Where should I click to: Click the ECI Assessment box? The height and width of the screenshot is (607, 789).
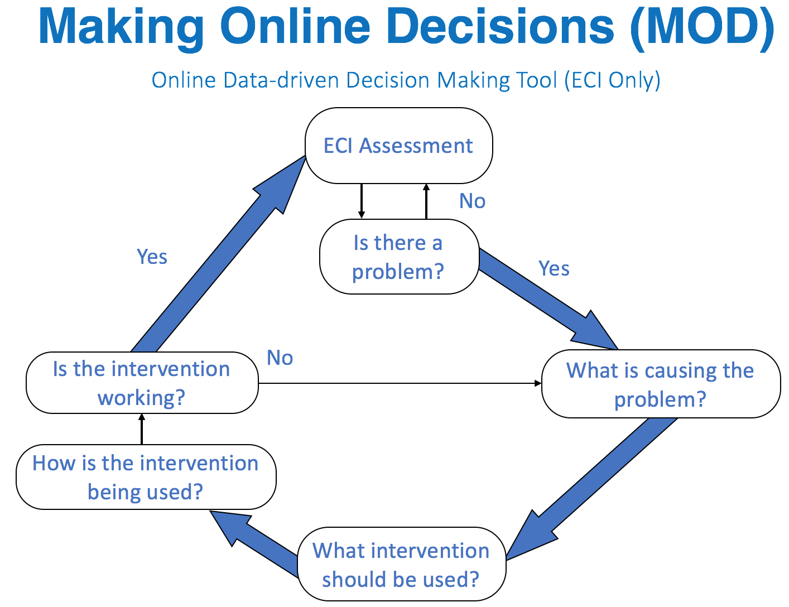398,146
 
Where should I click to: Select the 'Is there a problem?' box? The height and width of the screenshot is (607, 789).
398,257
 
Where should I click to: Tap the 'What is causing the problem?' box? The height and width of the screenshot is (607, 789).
661,384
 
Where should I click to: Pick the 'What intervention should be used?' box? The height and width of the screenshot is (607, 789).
401,564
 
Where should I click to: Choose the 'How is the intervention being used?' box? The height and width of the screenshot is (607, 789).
146,477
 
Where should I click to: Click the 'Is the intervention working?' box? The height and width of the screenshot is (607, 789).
142,383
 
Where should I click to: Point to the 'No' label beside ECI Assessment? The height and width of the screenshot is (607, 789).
472,201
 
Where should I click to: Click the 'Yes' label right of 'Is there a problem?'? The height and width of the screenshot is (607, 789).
554,268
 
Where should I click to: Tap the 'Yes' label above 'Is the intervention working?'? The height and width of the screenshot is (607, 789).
152,257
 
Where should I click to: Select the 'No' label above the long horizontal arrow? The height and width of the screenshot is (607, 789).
280,358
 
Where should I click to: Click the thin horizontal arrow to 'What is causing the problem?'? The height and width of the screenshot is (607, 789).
399,383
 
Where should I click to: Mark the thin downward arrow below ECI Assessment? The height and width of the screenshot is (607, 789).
362,201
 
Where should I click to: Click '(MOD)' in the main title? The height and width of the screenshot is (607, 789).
702,27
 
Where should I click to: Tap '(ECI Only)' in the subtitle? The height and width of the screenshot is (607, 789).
612,80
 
